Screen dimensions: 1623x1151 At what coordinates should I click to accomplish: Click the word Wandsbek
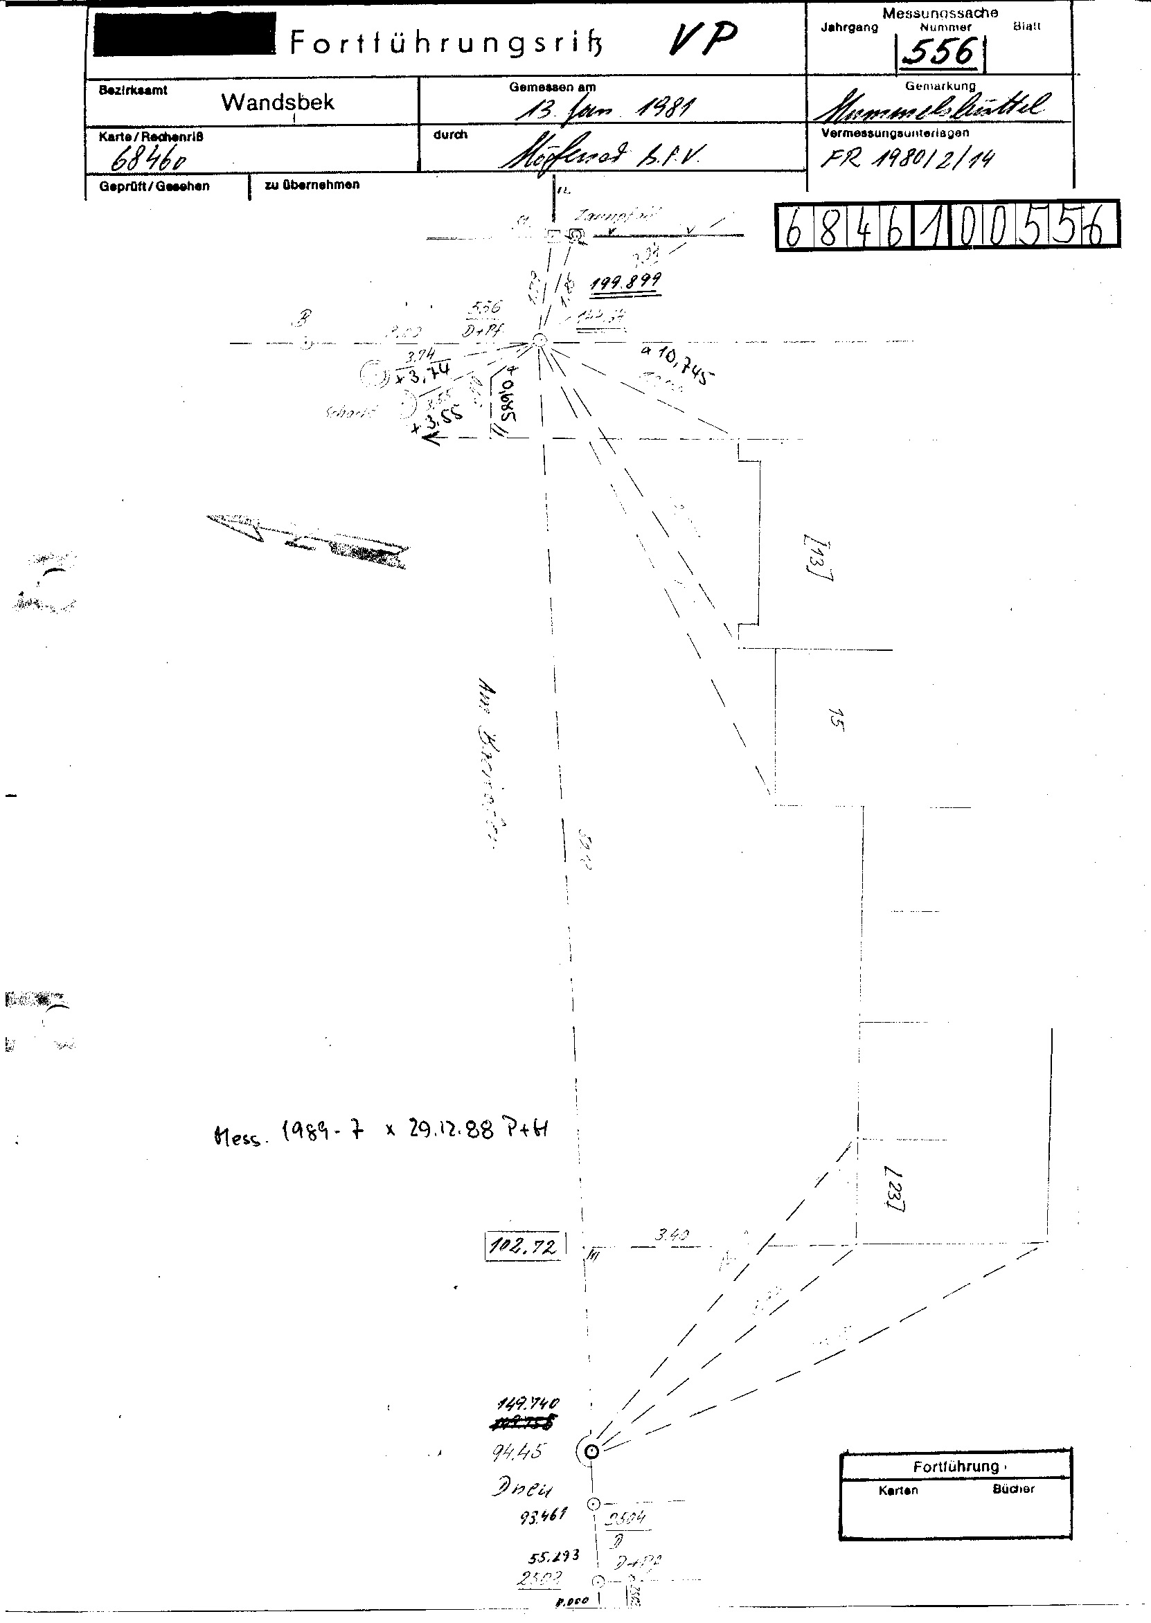277,102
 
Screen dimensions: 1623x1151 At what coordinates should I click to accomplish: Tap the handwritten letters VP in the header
704,40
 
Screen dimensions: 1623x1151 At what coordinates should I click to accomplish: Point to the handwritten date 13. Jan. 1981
605,109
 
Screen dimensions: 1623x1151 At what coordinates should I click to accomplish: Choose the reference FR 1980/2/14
908,156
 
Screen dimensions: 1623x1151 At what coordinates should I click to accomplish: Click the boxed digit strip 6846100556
947,225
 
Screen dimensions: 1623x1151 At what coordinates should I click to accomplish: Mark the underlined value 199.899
626,282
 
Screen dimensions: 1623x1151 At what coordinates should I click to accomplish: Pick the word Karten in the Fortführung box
898,1490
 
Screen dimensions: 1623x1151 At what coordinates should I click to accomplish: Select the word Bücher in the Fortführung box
1013,1489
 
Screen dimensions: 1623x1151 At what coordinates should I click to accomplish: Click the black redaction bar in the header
184,33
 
